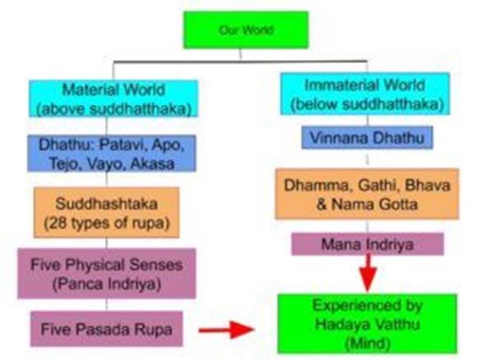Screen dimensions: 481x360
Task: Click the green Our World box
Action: pyautogui.click(x=246, y=30)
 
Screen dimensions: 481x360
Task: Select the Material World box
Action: pyautogui.click(x=113, y=98)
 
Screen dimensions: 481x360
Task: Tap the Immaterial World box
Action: pyautogui.click(x=365, y=93)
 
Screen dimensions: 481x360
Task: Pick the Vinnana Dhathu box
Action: pyautogui.click(x=367, y=138)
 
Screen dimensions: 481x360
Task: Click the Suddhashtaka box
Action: pyautogui.click(x=107, y=212)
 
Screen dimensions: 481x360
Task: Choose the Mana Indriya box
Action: pyautogui.click(x=368, y=244)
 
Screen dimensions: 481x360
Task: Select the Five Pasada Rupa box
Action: pyautogui.click(x=107, y=329)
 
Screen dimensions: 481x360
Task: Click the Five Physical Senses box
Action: pyautogui.click(x=107, y=273)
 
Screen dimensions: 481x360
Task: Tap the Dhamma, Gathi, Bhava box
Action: pyautogui.click(x=367, y=194)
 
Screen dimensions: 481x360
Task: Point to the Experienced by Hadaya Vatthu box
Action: pyautogui.click(x=367, y=324)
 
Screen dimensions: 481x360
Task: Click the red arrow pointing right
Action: pyautogui.click(x=227, y=330)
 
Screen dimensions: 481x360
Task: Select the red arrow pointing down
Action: pyautogui.click(x=368, y=273)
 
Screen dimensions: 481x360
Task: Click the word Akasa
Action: pyautogui.click(x=153, y=164)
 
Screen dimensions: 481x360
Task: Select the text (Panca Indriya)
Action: pyautogui.click(x=107, y=284)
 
